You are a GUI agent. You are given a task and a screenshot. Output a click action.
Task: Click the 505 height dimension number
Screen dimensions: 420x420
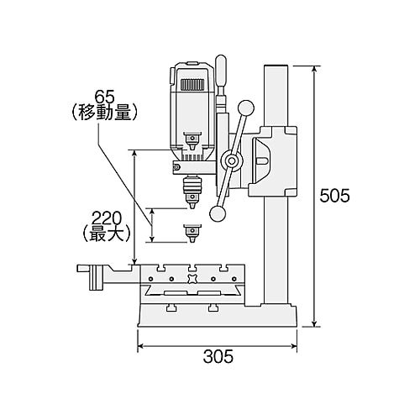pos(334,196)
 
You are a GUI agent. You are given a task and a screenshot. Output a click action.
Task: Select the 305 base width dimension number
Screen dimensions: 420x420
pos(218,356)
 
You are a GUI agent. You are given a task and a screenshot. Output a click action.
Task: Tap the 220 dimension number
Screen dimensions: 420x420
pos(107,218)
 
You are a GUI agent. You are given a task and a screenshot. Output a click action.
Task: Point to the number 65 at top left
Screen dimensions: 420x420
pos(105,97)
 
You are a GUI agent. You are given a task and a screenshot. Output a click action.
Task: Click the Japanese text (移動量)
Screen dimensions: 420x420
pos(103,113)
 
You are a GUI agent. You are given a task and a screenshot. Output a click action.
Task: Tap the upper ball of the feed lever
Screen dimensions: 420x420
pos(246,108)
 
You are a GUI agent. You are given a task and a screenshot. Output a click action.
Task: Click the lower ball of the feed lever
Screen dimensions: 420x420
pos(218,214)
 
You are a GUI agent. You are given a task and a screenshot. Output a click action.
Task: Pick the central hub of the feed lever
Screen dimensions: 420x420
pos(232,161)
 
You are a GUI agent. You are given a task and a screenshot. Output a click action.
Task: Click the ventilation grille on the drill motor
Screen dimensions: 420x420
pos(192,85)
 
